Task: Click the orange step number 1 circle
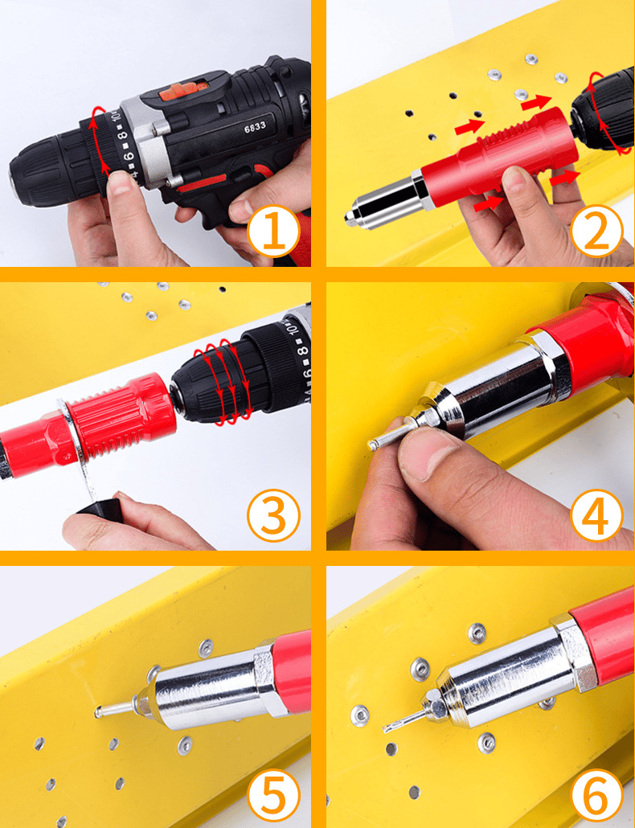273,231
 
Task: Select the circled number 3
273,514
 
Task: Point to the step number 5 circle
273,796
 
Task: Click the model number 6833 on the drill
255,126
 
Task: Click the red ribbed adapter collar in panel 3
121,418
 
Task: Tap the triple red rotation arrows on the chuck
225,378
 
